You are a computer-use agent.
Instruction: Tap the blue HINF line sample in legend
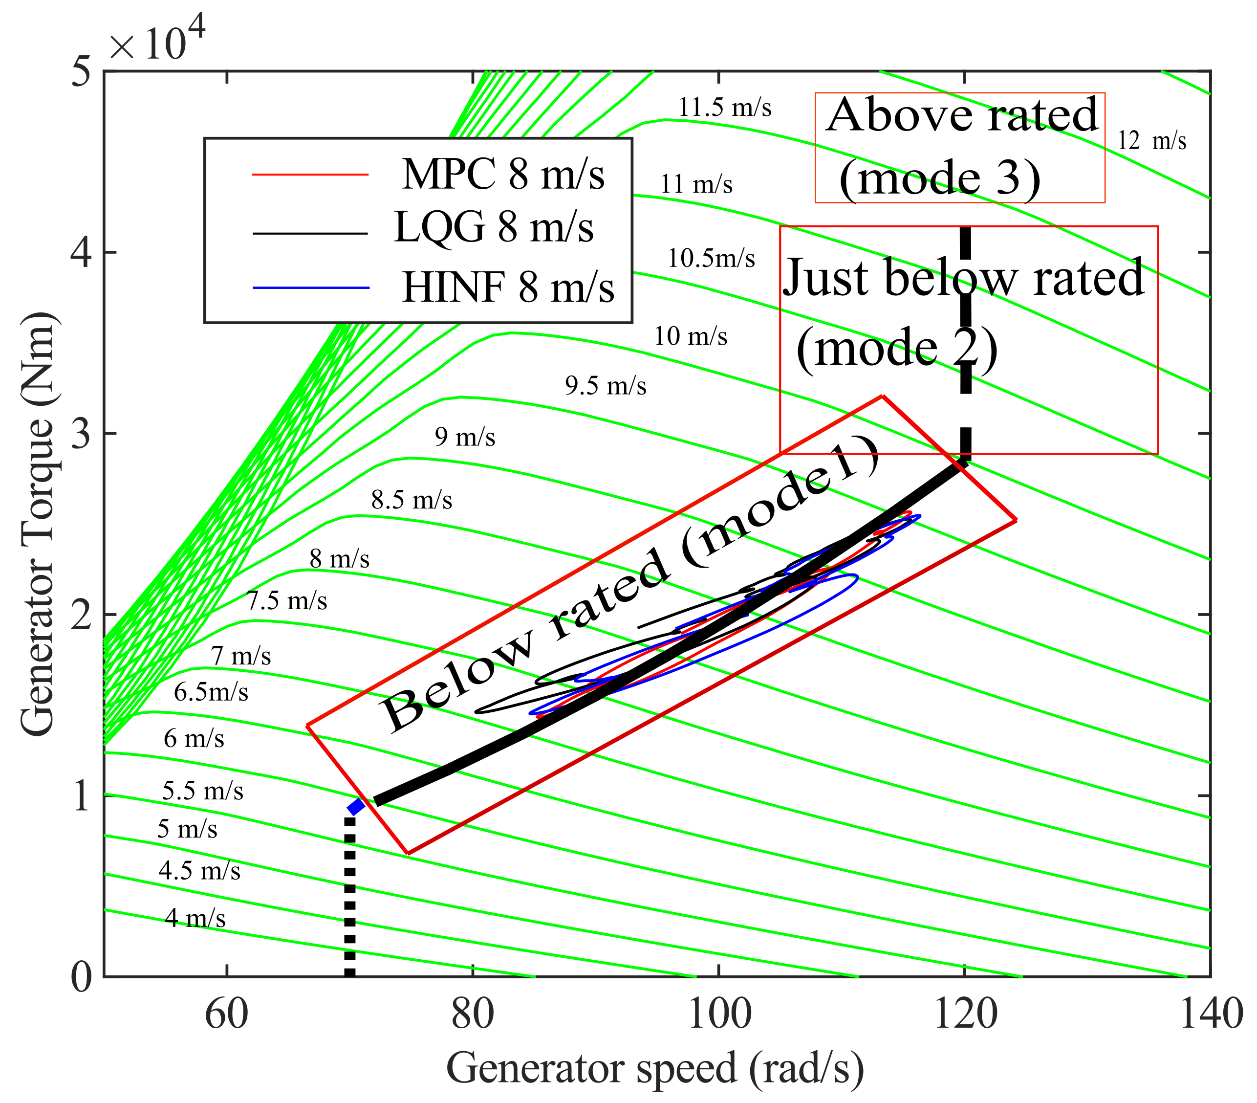click(310, 287)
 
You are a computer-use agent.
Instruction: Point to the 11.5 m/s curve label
click(724, 108)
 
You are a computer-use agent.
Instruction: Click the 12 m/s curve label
click(1151, 141)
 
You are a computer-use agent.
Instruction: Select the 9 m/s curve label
click(465, 437)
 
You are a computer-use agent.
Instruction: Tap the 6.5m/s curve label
click(211, 692)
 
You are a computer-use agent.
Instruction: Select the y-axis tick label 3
click(81, 434)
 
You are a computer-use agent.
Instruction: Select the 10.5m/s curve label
click(711, 258)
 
